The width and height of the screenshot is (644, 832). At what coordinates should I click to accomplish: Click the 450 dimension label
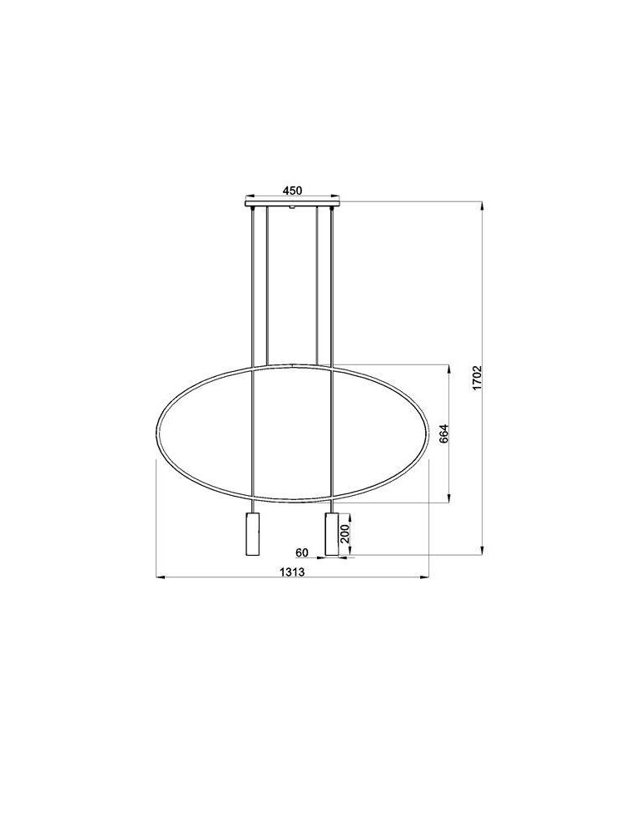click(291, 191)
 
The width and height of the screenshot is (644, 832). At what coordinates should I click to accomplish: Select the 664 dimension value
click(443, 434)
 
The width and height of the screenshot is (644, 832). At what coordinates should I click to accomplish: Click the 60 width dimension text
click(302, 552)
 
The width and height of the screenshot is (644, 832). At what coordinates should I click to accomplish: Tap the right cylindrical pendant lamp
click(332, 533)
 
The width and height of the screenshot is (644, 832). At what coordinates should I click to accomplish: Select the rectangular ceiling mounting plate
click(292, 203)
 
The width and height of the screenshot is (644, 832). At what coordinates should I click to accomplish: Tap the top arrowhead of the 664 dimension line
click(450, 369)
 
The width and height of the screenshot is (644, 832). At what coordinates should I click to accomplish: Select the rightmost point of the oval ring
click(429, 433)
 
